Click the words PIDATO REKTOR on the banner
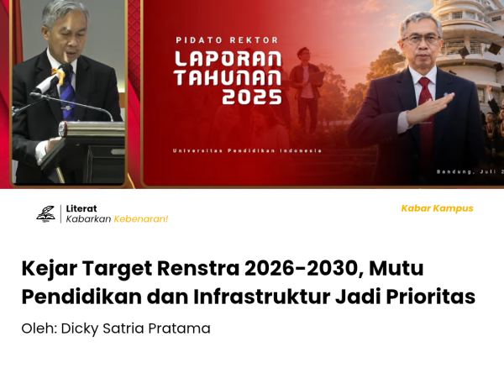pyautogui.click(x=227, y=40)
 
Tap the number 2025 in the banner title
pyautogui.click(x=252, y=97)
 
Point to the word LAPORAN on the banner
pyautogui.click(x=228, y=59)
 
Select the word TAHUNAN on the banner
pyautogui.click(x=228, y=78)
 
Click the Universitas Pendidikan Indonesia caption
pyautogui.click(x=247, y=150)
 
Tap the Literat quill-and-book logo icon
pyautogui.click(x=45, y=213)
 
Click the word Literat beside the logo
pyautogui.click(x=81, y=208)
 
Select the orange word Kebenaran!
pyautogui.click(x=141, y=219)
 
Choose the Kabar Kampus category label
pyautogui.click(x=437, y=208)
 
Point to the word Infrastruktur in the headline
pyautogui.click(x=261, y=297)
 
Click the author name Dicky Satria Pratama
pyautogui.click(x=135, y=328)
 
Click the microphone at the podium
pyautogui.click(x=54, y=78)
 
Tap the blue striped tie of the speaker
pyautogui.click(x=67, y=95)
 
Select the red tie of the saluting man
pyautogui.click(x=426, y=109)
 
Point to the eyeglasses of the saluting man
pyautogui.click(x=421, y=39)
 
